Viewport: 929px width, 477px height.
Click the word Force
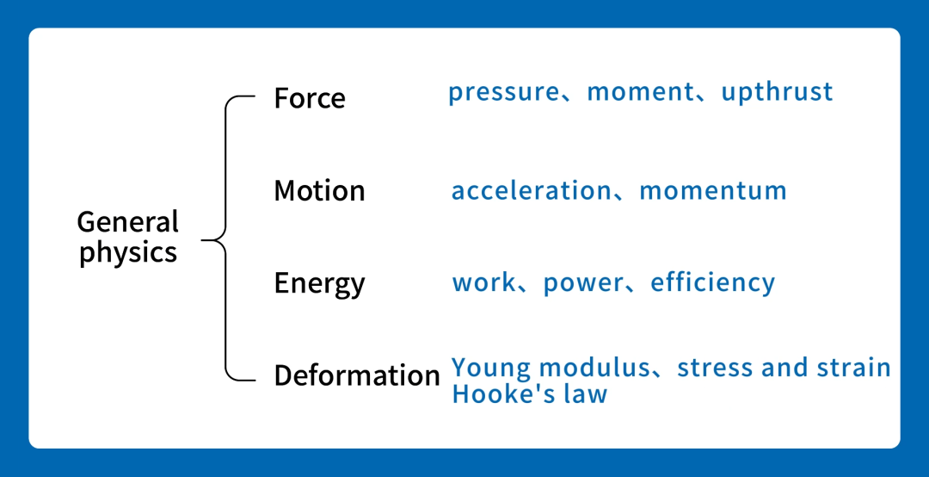[x=310, y=98]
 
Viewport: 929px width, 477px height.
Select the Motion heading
[x=319, y=191]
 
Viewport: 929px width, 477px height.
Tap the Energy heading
[x=319, y=283]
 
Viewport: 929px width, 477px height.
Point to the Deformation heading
[x=357, y=375]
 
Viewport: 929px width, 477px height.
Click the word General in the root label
[x=128, y=222]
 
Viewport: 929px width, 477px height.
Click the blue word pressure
[x=503, y=92]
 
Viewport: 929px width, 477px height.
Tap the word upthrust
[x=777, y=92]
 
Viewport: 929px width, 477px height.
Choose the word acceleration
[x=532, y=191]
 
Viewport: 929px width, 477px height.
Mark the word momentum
[x=713, y=191]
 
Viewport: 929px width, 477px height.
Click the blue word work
[x=483, y=283]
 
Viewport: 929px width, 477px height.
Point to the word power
[x=583, y=284]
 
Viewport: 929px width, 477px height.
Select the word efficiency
[x=713, y=283]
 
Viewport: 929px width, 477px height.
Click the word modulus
[x=595, y=368]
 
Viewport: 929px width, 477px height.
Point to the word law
[x=585, y=394]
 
